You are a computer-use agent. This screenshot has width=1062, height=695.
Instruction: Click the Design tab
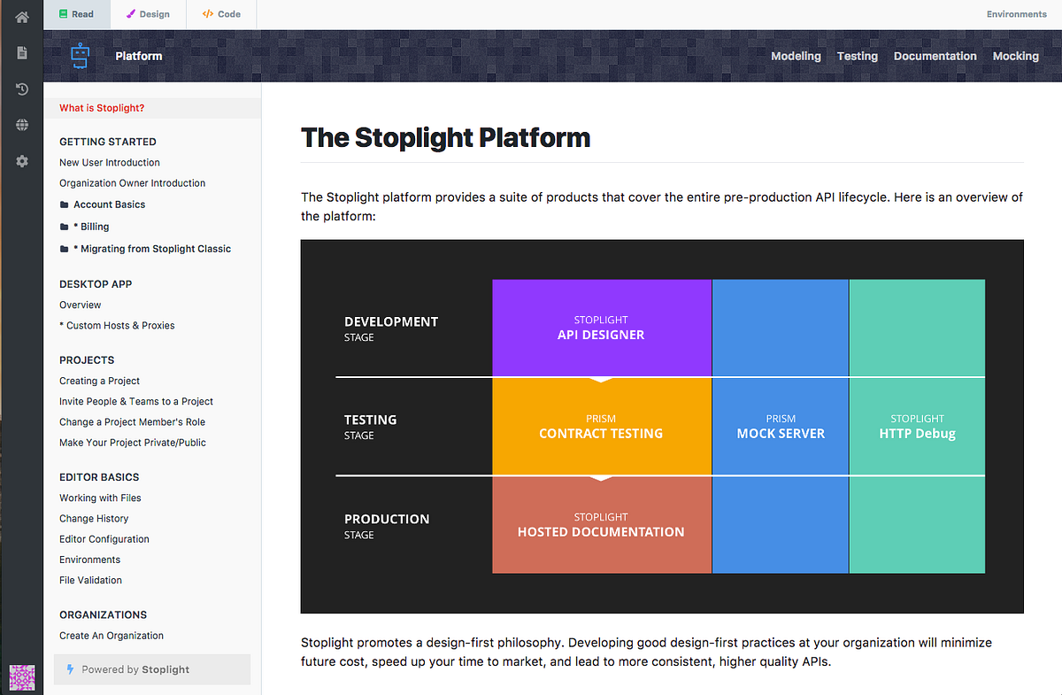coord(148,14)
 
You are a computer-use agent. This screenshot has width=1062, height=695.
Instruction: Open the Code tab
coord(221,14)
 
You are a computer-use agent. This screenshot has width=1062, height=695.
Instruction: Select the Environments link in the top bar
coord(1016,14)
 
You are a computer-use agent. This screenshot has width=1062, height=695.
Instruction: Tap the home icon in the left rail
coord(22,17)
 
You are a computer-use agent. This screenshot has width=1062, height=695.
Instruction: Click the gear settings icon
coord(22,161)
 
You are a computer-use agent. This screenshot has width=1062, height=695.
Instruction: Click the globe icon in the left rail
coord(22,125)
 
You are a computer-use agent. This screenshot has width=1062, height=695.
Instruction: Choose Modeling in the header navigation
coord(796,56)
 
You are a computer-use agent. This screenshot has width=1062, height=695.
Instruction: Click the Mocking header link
coord(1015,56)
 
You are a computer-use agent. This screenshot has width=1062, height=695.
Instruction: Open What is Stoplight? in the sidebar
coord(102,108)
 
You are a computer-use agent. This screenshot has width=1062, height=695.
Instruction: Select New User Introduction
coord(110,163)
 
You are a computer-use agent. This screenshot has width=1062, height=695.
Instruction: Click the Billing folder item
coord(94,227)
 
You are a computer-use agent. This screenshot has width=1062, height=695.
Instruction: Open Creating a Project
coord(99,381)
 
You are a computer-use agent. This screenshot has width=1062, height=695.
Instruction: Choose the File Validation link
coord(90,581)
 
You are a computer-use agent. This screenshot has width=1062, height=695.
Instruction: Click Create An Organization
coord(112,636)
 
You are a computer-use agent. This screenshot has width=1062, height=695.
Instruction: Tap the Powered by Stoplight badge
coord(135,669)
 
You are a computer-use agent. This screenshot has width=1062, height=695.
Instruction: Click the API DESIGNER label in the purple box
coord(601,335)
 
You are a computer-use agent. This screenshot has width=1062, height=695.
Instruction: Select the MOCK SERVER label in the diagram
coord(781,434)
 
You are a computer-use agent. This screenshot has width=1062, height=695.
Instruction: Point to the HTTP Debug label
coord(917,434)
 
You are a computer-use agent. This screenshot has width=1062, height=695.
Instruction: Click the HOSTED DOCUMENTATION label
coord(601,532)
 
